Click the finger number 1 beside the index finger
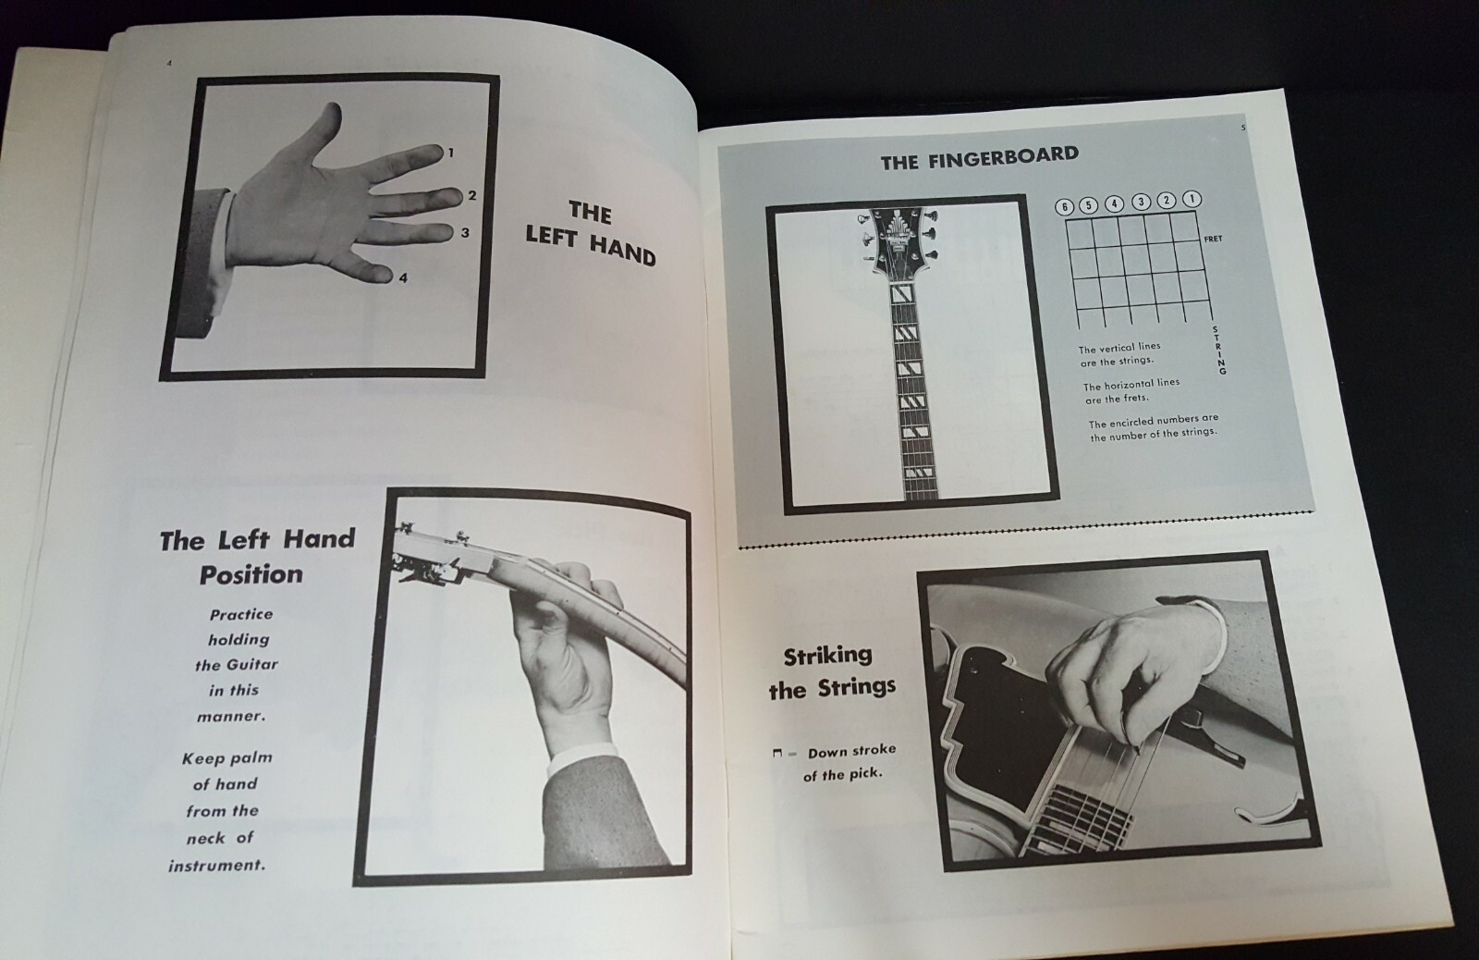coord(451,153)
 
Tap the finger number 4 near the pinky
coord(403,277)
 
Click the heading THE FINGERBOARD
coord(979,157)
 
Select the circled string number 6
coord(1065,206)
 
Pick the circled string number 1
coord(1192,199)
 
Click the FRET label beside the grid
coord(1213,240)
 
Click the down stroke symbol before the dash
coord(777,754)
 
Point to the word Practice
coord(240,614)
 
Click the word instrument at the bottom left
coord(216,866)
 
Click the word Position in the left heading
coord(251,574)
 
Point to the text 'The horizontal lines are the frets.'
coord(1131,391)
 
